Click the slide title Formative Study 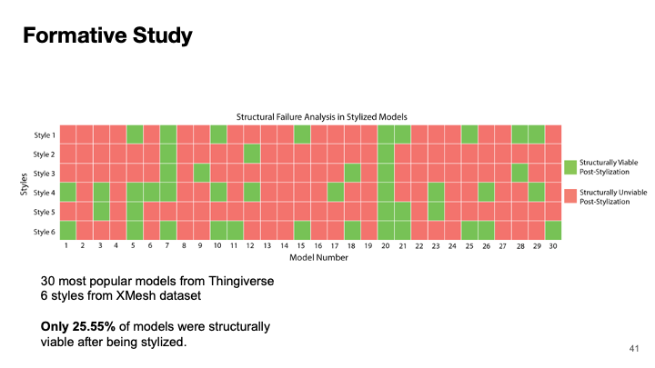click(x=107, y=36)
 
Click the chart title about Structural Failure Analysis click(x=321, y=117)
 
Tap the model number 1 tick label click(x=66, y=246)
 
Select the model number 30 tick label click(x=553, y=246)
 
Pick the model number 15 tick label click(x=301, y=246)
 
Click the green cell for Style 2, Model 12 click(x=251, y=154)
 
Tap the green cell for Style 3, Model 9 click(x=201, y=173)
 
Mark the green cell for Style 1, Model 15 click(x=301, y=134)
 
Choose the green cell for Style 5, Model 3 click(x=100, y=211)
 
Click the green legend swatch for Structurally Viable click(x=570, y=167)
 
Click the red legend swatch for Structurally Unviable click(x=570, y=194)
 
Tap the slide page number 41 click(x=635, y=348)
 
